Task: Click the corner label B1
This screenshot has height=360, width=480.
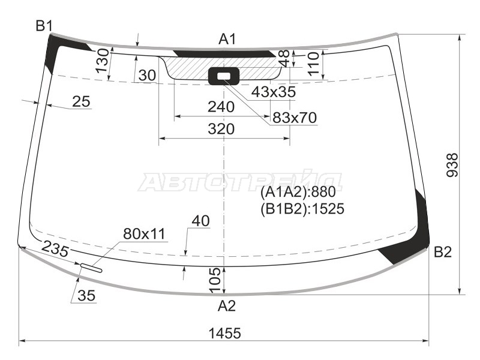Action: coord(44,26)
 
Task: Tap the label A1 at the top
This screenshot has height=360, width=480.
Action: coord(228,40)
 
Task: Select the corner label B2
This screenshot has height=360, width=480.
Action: coord(443,252)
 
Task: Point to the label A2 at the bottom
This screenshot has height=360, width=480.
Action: coord(227,306)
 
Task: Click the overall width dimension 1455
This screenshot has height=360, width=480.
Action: coord(225,333)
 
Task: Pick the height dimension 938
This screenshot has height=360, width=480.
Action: coord(452,165)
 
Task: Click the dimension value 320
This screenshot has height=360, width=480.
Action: coord(221,129)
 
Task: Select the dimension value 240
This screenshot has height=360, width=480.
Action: coord(221,107)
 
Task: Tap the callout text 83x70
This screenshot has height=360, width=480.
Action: coord(295,118)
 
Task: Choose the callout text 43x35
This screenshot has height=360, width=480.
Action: coord(274,92)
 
